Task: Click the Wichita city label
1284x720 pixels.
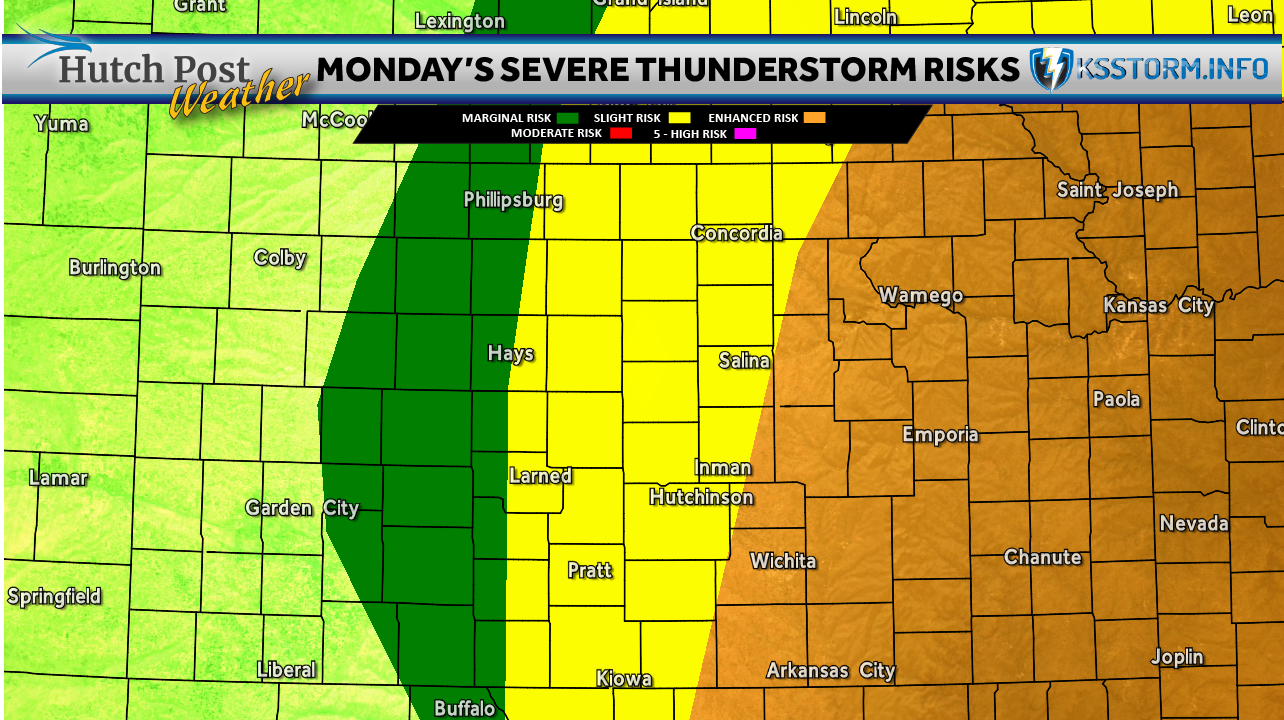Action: pyautogui.click(x=783, y=561)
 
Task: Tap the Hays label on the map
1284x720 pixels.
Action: pyautogui.click(x=510, y=353)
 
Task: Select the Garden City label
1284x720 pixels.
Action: pyautogui.click(x=302, y=508)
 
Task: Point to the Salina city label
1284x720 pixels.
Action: pyautogui.click(x=744, y=360)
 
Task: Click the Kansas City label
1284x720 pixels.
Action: pyautogui.click(x=1158, y=305)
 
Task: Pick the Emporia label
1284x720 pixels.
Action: pyautogui.click(x=940, y=434)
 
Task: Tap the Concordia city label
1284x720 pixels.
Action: pyautogui.click(x=736, y=233)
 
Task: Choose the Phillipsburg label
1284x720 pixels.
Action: pyautogui.click(x=513, y=200)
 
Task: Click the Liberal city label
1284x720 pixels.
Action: pyautogui.click(x=286, y=670)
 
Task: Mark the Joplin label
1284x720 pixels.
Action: pyautogui.click(x=1177, y=657)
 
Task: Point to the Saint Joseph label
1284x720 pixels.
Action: pyautogui.click(x=1117, y=190)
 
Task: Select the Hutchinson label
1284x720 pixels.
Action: pyautogui.click(x=701, y=497)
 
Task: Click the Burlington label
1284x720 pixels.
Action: pyautogui.click(x=115, y=267)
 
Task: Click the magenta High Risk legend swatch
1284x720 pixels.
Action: pyautogui.click(x=746, y=133)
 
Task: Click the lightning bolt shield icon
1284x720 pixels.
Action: pyautogui.click(x=1051, y=69)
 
